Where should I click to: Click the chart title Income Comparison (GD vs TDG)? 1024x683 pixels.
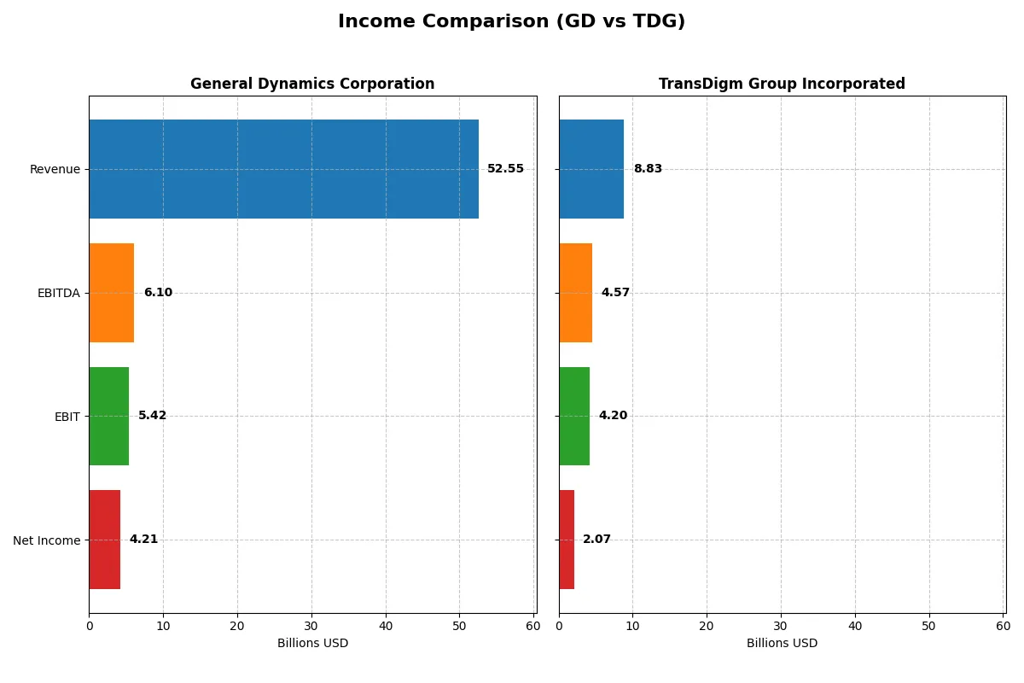[511, 21]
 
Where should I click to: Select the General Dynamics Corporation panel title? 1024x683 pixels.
[312, 84]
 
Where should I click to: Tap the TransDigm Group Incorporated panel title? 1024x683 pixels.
[782, 84]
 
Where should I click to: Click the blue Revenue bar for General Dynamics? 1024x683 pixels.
[283, 169]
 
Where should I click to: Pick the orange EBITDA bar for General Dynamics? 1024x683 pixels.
[111, 293]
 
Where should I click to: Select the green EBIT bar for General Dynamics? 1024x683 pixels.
[108, 416]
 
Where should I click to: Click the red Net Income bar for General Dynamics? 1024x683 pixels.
[104, 540]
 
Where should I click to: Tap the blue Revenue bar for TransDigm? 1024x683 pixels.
[591, 169]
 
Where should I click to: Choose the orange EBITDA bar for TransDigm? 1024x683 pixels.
[575, 293]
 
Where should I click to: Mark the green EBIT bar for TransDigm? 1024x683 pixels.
[574, 416]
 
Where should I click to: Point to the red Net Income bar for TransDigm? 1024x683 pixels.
[567, 540]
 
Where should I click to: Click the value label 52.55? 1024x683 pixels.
[505, 169]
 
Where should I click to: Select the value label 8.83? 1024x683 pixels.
[648, 169]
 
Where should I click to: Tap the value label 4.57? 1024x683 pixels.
[615, 293]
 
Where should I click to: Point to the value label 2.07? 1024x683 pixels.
[596, 540]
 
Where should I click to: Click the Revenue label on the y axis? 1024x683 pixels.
[55, 169]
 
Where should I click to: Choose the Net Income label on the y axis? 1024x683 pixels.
[47, 540]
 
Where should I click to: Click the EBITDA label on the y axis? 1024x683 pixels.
[58, 293]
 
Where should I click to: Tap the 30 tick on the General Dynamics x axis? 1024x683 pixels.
[311, 626]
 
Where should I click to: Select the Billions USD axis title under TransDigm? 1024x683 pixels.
[782, 643]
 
